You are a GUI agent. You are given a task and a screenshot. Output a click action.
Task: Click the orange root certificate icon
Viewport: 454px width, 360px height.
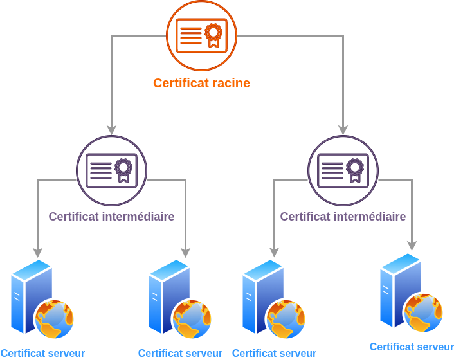(202, 35)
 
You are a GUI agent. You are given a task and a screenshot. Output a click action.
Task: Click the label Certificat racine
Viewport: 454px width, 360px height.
(201, 83)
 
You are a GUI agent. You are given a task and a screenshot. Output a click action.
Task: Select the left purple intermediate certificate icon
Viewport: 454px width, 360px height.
(112, 170)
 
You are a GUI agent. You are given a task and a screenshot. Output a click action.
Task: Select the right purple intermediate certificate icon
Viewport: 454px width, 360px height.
(343, 170)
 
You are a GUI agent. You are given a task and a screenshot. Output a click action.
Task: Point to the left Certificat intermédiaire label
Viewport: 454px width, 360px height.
(111, 217)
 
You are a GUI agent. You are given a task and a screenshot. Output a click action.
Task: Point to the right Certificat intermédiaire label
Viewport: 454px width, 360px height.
(343, 217)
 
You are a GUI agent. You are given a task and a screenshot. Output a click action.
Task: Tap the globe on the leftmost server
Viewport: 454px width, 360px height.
(55, 319)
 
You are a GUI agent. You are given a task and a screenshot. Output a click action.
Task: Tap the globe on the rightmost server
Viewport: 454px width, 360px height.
(424, 312)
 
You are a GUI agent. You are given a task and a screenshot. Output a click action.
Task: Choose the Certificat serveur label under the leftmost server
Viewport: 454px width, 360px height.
(42, 353)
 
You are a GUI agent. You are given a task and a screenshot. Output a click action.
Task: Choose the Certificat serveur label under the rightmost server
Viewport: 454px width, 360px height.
(412, 346)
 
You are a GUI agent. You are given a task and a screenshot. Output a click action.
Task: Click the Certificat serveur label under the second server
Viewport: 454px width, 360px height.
(180, 353)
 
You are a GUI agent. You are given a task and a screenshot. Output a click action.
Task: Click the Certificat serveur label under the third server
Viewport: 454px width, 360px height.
(274, 353)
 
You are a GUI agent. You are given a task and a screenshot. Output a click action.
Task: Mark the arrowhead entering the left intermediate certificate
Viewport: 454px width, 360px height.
(112, 130)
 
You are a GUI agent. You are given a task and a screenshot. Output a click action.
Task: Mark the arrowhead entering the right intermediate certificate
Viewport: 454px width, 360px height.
(343, 130)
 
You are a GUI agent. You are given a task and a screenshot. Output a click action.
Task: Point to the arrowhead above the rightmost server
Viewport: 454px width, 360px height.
(412, 246)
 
